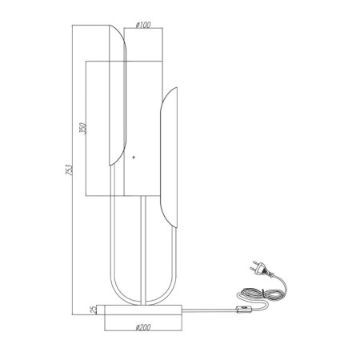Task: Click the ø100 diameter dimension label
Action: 143,25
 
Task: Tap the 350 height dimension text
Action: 83,128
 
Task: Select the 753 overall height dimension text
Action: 69,170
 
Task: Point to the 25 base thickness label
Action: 94,310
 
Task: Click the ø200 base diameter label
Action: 143,327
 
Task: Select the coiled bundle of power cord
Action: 260,294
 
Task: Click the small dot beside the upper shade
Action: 134,157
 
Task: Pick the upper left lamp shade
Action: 118,95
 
